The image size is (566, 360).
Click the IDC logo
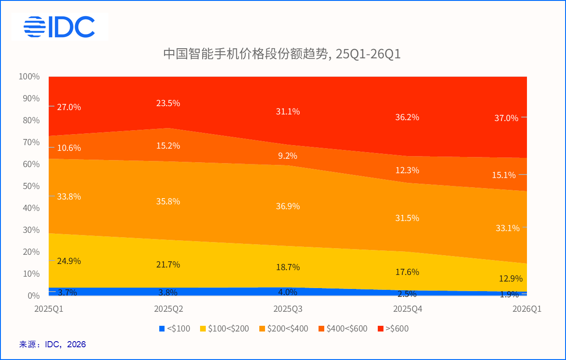pyautogui.click(x=59, y=27)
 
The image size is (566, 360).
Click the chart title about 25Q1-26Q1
pyautogui.click(x=282, y=54)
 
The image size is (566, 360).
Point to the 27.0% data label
pyautogui.click(x=69, y=107)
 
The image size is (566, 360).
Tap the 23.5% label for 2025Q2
pyautogui.click(x=168, y=103)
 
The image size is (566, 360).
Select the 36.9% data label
pyautogui.click(x=288, y=206)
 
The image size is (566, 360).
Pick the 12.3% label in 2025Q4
pyautogui.click(x=407, y=170)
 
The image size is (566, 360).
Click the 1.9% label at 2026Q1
pyautogui.click(x=509, y=294)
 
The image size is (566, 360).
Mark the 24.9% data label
pyautogui.click(x=69, y=261)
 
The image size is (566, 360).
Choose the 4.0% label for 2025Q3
pyautogui.click(x=288, y=292)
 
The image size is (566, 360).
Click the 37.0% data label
pyautogui.click(x=507, y=118)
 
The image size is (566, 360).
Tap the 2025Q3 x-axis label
pyautogui.click(x=288, y=309)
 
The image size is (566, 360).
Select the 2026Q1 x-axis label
pyautogui.click(x=527, y=309)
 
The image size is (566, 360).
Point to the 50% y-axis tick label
pyautogui.click(x=29, y=186)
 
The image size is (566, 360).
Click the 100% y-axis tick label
pyautogui.click(x=29, y=77)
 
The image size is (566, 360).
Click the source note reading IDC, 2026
pyautogui.click(x=53, y=344)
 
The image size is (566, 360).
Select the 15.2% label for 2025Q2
pyautogui.click(x=168, y=146)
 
